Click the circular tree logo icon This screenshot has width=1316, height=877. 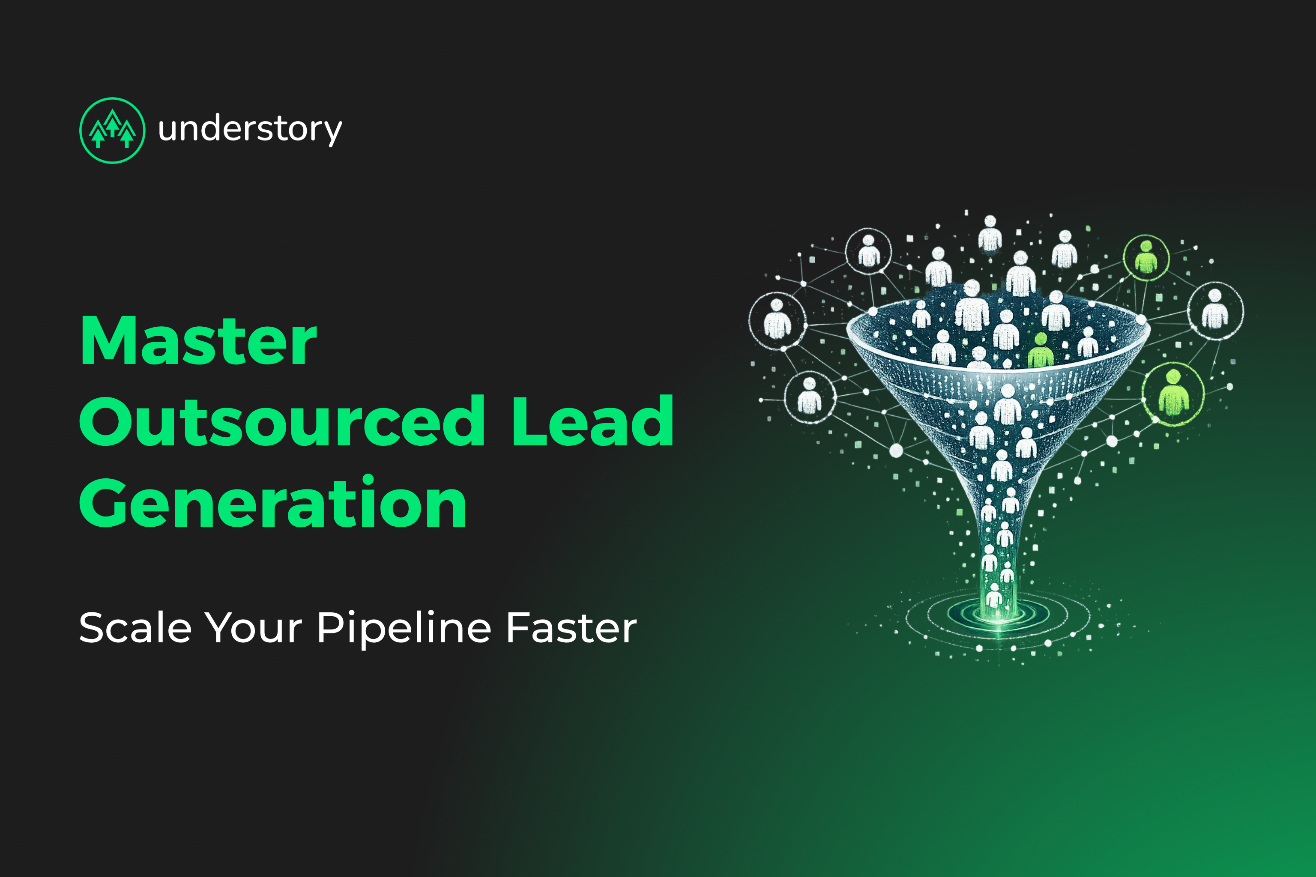(x=113, y=130)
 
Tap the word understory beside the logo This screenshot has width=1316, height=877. (x=250, y=130)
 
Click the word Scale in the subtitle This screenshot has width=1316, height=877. (x=135, y=627)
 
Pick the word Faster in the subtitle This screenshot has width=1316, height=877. (x=571, y=627)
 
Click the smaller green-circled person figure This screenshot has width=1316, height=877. (x=1146, y=257)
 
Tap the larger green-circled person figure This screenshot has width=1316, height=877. (x=1173, y=393)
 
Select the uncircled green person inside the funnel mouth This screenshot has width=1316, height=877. (x=1040, y=351)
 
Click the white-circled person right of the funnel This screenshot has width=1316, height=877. (x=1215, y=310)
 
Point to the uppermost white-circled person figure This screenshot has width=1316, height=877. (x=868, y=251)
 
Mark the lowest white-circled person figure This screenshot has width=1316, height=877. (x=810, y=396)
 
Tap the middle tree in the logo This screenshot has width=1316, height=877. (x=113, y=123)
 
